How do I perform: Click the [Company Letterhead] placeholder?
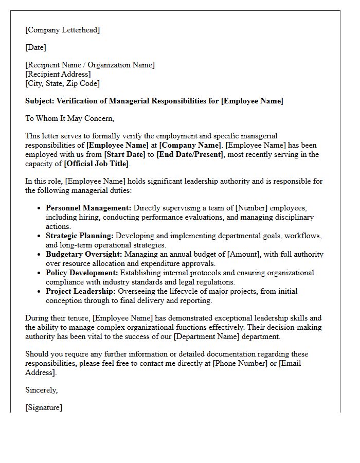(62, 30)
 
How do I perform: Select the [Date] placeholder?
(35, 47)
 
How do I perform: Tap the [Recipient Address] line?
(58, 74)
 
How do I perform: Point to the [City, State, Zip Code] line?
(62, 83)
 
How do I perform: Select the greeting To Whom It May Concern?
(69, 118)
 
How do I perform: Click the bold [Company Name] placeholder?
(189, 145)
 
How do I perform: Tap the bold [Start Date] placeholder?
(128, 154)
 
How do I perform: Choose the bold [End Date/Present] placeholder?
(190, 154)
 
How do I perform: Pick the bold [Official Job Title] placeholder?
(97, 164)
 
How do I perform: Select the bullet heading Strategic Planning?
(79, 236)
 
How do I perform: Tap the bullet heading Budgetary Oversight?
(84, 254)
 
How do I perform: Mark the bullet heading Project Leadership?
(79, 291)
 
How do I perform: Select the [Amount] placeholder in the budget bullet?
(245, 254)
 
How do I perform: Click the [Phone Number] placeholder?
(239, 363)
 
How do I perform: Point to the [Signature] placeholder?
(44, 407)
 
